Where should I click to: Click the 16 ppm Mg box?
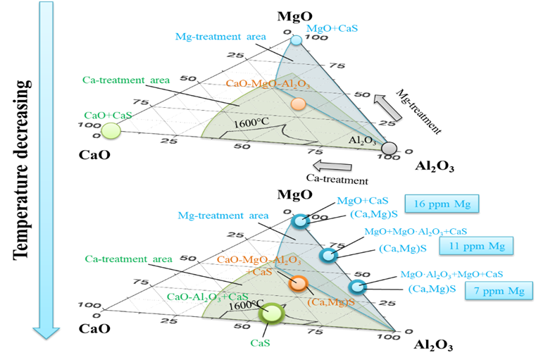[441, 204]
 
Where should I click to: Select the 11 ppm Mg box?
[476, 246]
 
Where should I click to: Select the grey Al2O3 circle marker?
[389, 148]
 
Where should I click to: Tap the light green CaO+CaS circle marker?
[111, 130]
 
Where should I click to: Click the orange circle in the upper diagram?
[298, 104]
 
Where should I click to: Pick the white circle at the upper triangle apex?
[296, 40]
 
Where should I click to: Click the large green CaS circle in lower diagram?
[272, 313]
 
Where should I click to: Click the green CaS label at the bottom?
[261, 343]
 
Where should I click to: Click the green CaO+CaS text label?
[106, 116]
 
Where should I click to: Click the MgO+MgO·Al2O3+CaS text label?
[416, 231]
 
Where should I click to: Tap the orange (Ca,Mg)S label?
[330, 301]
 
